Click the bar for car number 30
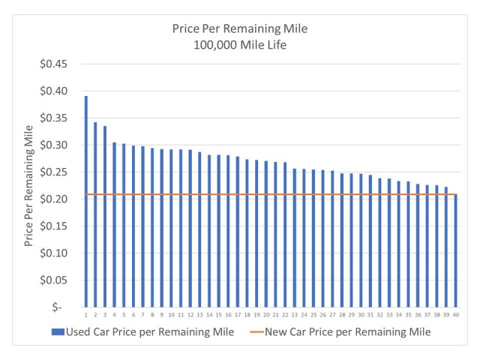(361, 240)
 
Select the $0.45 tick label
(55, 64)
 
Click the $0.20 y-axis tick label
(55, 199)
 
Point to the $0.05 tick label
(55, 280)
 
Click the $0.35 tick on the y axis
(55, 118)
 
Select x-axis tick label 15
(218, 315)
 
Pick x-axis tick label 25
(313, 315)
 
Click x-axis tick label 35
(408, 315)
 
